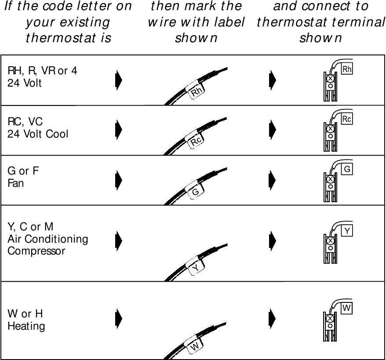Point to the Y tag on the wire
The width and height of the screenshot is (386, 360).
click(196, 267)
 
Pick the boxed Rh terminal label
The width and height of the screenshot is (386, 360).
click(347, 69)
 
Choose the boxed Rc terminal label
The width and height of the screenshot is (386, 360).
click(347, 119)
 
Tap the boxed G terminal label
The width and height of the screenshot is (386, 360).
click(347, 169)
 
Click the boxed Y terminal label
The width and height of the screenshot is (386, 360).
click(347, 230)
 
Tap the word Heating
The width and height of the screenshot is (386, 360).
click(26, 326)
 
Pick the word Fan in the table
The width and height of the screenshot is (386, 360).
click(15, 183)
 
